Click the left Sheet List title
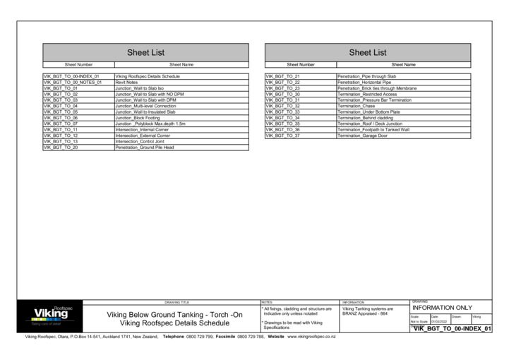[145, 52]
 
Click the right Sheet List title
[367, 52]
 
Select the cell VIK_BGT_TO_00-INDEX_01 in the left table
[72, 76]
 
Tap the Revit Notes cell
[126, 83]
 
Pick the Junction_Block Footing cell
[136, 118]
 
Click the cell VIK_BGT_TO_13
[61, 141]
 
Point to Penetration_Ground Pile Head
[144, 148]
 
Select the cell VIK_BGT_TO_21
[283, 76]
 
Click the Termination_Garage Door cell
[362, 136]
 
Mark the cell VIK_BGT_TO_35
[283, 124]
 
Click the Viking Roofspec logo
[52, 316]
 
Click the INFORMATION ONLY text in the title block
[443, 308]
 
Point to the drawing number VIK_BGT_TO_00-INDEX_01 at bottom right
[452, 329]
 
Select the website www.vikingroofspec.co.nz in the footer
[311, 337]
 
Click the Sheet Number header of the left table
[78, 64]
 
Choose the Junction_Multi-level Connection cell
[145, 106]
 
